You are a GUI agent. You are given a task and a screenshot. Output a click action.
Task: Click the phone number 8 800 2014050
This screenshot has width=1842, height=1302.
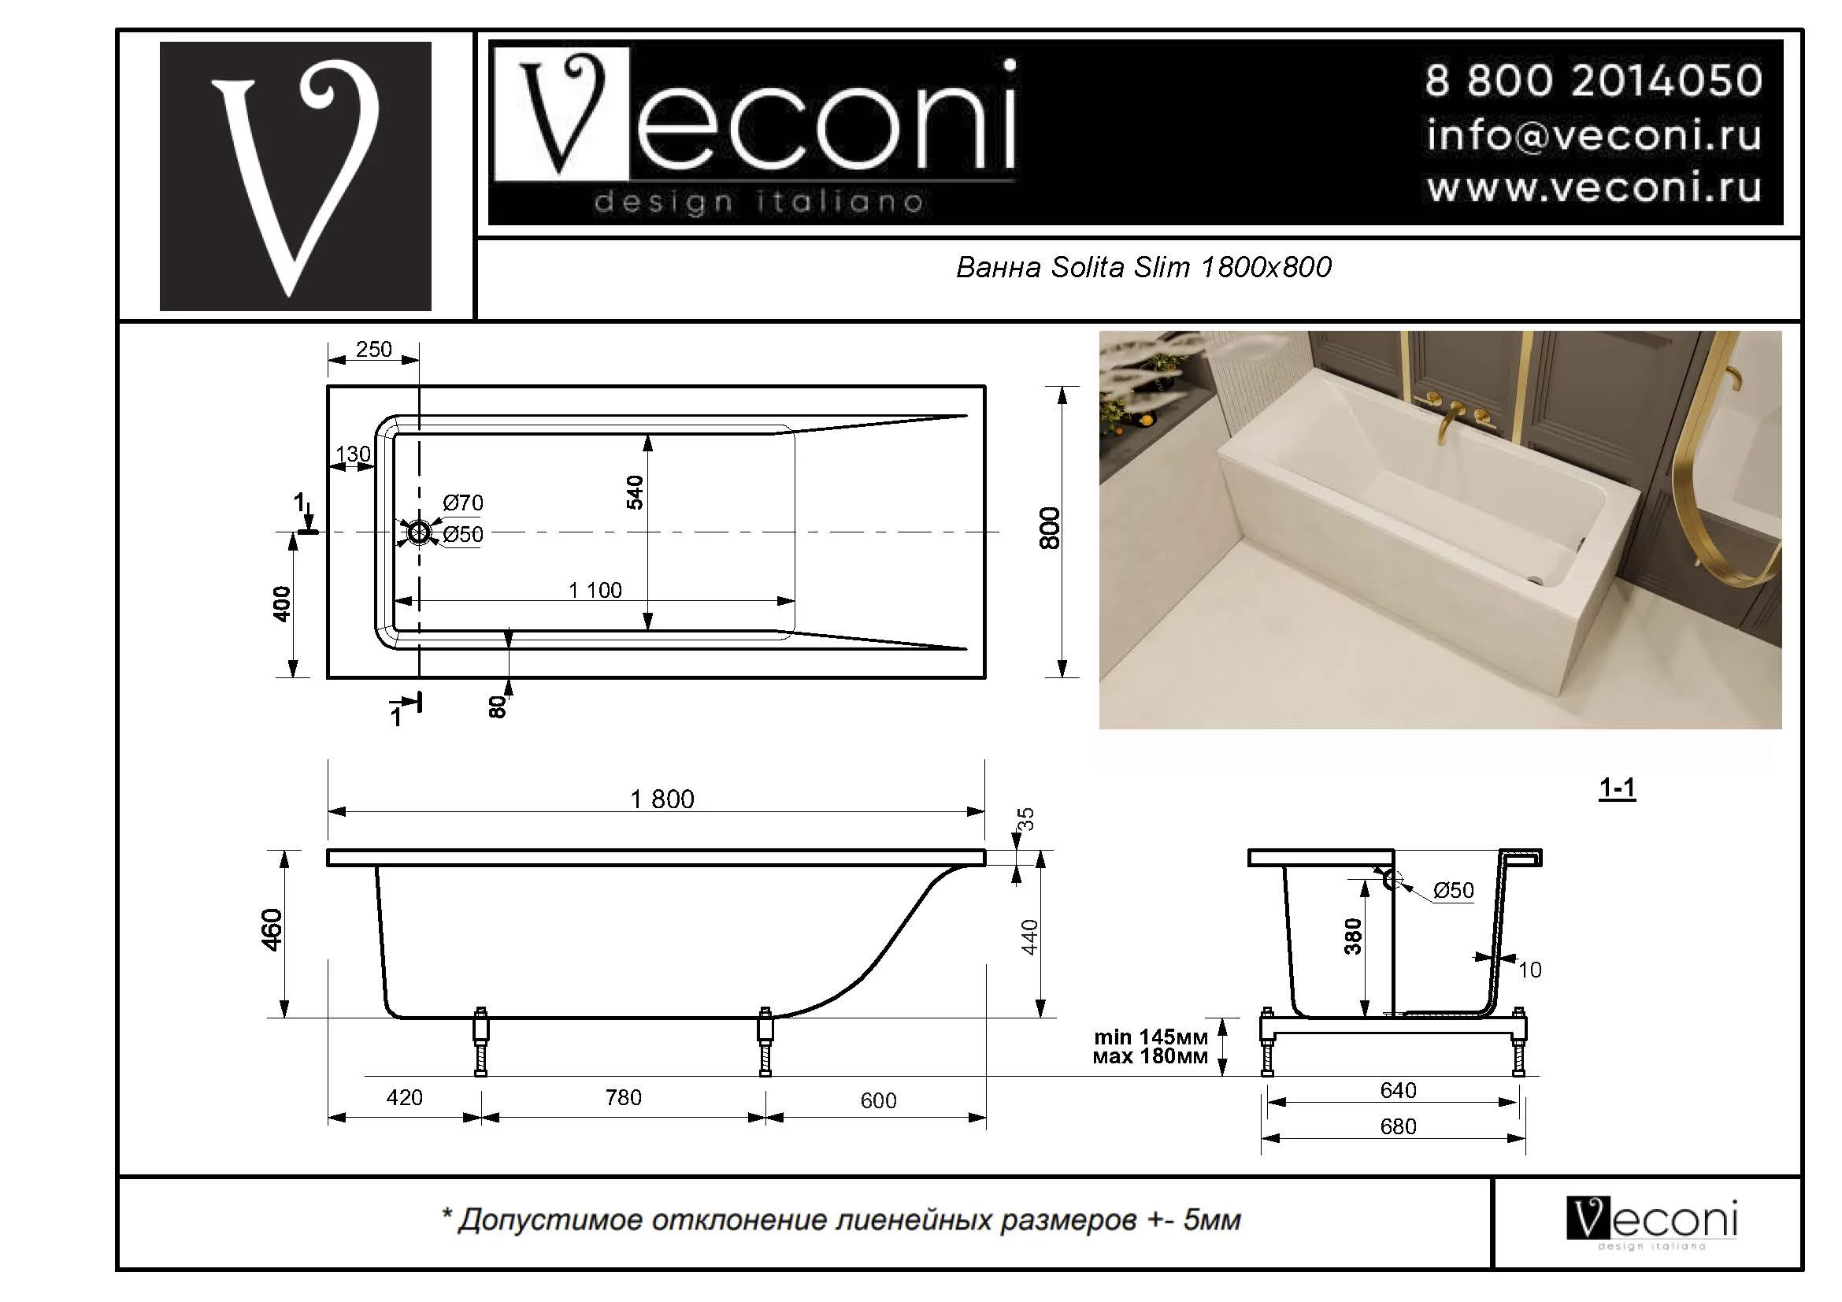coord(1592,81)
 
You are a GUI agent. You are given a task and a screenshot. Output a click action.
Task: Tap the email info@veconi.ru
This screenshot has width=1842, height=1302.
coord(1592,135)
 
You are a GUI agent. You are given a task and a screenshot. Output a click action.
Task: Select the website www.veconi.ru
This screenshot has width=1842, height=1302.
coord(1592,187)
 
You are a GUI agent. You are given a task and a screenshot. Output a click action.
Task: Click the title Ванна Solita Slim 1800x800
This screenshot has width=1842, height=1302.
coord(1143,267)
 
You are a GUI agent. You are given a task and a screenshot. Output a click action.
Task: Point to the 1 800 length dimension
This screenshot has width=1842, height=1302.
coord(662,799)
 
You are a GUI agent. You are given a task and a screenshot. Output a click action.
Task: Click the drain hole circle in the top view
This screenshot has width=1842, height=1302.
coord(419,532)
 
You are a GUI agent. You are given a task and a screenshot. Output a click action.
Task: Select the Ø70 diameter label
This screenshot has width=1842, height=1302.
coord(463,503)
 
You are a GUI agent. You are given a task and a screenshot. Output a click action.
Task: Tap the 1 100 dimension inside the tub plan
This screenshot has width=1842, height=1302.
coord(595,591)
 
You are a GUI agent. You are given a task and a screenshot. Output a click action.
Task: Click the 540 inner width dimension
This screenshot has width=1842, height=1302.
coord(635,492)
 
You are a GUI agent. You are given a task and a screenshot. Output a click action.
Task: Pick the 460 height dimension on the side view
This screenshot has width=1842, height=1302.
coord(272,929)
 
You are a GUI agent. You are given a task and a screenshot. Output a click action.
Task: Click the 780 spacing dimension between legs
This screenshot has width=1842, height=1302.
coord(624,1097)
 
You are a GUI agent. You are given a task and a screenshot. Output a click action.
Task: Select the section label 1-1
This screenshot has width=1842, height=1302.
coord(1617,788)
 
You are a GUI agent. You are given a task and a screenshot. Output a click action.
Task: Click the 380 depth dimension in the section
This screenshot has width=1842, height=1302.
coord(1353,937)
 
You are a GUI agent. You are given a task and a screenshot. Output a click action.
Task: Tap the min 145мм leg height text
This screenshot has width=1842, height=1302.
coord(1151,1037)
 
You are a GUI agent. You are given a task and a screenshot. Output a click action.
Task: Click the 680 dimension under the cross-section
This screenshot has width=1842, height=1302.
coord(1398,1126)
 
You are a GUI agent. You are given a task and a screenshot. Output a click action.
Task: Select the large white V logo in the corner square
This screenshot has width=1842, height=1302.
coord(295,176)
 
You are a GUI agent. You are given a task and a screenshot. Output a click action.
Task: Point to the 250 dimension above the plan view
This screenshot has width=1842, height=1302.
coord(374,349)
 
